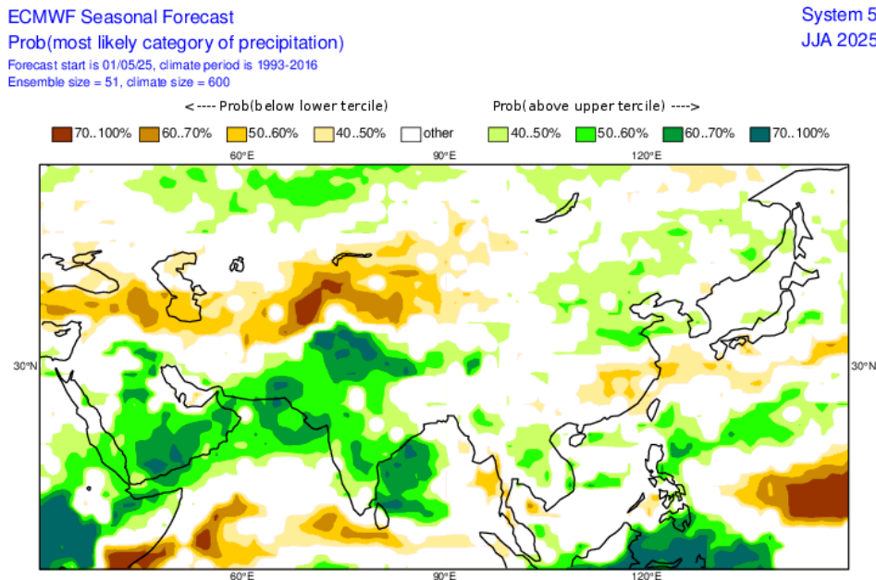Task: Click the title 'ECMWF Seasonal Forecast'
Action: pyautogui.click(x=121, y=17)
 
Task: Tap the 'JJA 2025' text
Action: pyautogui.click(x=838, y=40)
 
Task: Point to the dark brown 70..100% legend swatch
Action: pyautogui.click(x=61, y=133)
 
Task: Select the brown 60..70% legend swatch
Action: pyautogui.click(x=149, y=133)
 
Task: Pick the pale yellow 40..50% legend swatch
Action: pyautogui.click(x=324, y=133)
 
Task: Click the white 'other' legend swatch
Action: pyautogui.click(x=412, y=133)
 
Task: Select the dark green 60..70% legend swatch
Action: pyautogui.click(x=673, y=133)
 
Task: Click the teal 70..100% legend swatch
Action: pyautogui.click(x=761, y=133)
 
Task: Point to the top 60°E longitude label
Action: pyautogui.click(x=241, y=155)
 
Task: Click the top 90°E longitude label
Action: pyautogui.click(x=445, y=155)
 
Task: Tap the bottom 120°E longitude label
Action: pyautogui.click(x=647, y=575)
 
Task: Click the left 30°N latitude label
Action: pyautogui.click(x=24, y=366)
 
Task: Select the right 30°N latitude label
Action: pyautogui.click(x=862, y=366)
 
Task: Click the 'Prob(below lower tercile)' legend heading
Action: pyautogui.click(x=287, y=105)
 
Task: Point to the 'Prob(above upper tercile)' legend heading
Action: pyautogui.click(x=596, y=105)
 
